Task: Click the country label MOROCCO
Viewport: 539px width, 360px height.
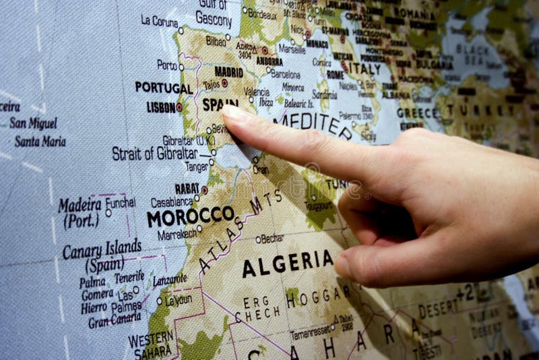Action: click(x=190, y=216)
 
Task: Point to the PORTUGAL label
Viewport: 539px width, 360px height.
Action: click(x=163, y=88)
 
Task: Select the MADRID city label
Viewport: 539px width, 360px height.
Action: click(x=228, y=71)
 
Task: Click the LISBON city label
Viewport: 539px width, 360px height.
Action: click(x=160, y=107)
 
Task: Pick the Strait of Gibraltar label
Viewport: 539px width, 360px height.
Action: click(x=155, y=153)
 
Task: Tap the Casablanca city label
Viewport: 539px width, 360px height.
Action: click(x=172, y=202)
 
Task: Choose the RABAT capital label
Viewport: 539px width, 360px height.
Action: click(x=187, y=189)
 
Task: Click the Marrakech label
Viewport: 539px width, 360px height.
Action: click(x=177, y=234)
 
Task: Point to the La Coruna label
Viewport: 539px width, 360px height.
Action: click(x=159, y=21)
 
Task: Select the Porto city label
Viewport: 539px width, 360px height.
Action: click(x=166, y=65)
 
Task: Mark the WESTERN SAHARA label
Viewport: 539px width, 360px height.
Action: click(x=151, y=343)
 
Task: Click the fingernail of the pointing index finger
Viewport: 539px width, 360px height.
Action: click(x=234, y=114)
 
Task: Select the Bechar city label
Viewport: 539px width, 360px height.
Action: click(x=272, y=239)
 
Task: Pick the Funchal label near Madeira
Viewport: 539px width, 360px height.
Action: click(x=120, y=202)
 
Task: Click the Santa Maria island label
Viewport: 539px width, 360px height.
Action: click(x=40, y=142)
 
